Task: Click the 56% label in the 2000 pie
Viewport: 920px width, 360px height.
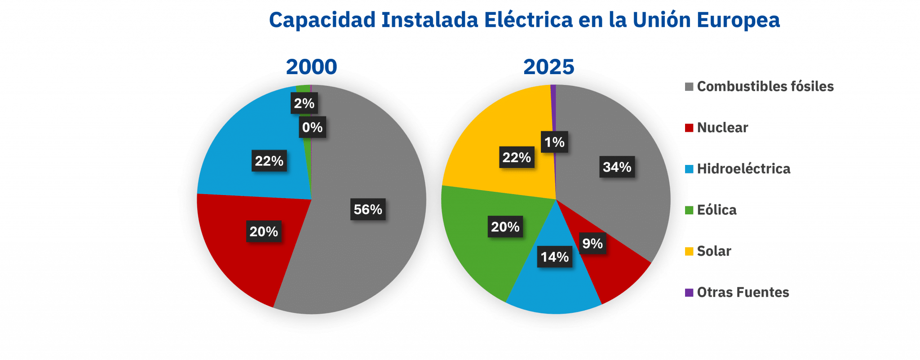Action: tap(368, 209)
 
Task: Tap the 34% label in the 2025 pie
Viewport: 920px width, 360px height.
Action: tap(617, 167)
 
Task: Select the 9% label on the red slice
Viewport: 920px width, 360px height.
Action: tap(592, 244)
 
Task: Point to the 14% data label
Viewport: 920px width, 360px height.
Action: tap(555, 257)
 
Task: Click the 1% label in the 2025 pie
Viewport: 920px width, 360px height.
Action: tap(554, 142)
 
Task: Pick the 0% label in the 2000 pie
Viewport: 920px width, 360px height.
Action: tap(312, 128)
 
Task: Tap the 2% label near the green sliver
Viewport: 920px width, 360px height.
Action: tap(304, 103)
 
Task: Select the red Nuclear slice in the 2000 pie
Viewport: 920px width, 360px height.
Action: tap(243, 252)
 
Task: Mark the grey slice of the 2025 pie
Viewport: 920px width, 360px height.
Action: tap(629, 202)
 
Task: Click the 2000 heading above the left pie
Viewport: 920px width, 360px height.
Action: tap(311, 67)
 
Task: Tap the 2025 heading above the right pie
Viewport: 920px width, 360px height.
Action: tap(548, 67)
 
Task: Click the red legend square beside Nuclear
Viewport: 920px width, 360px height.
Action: tap(689, 128)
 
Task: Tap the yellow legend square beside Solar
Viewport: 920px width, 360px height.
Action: tap(689, 251)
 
